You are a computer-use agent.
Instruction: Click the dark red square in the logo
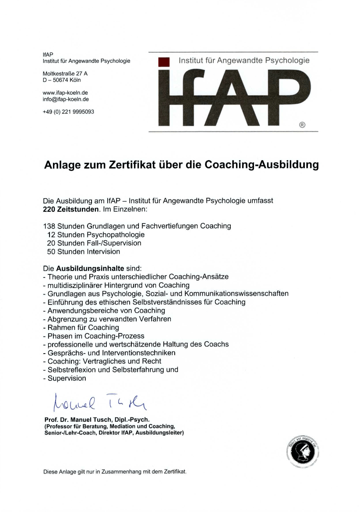coord(163,63)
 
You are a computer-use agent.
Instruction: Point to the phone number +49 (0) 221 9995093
coord(68,112)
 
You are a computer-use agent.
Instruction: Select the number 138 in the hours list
coord(49,226)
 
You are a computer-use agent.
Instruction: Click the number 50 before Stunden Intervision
coord(51,252)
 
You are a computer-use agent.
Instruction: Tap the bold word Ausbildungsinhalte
coord(90,268)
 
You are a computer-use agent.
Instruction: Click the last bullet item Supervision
coord(67,378)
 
